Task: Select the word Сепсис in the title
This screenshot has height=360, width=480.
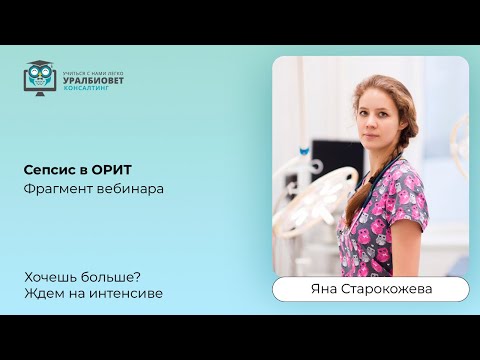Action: click(46, 169)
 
